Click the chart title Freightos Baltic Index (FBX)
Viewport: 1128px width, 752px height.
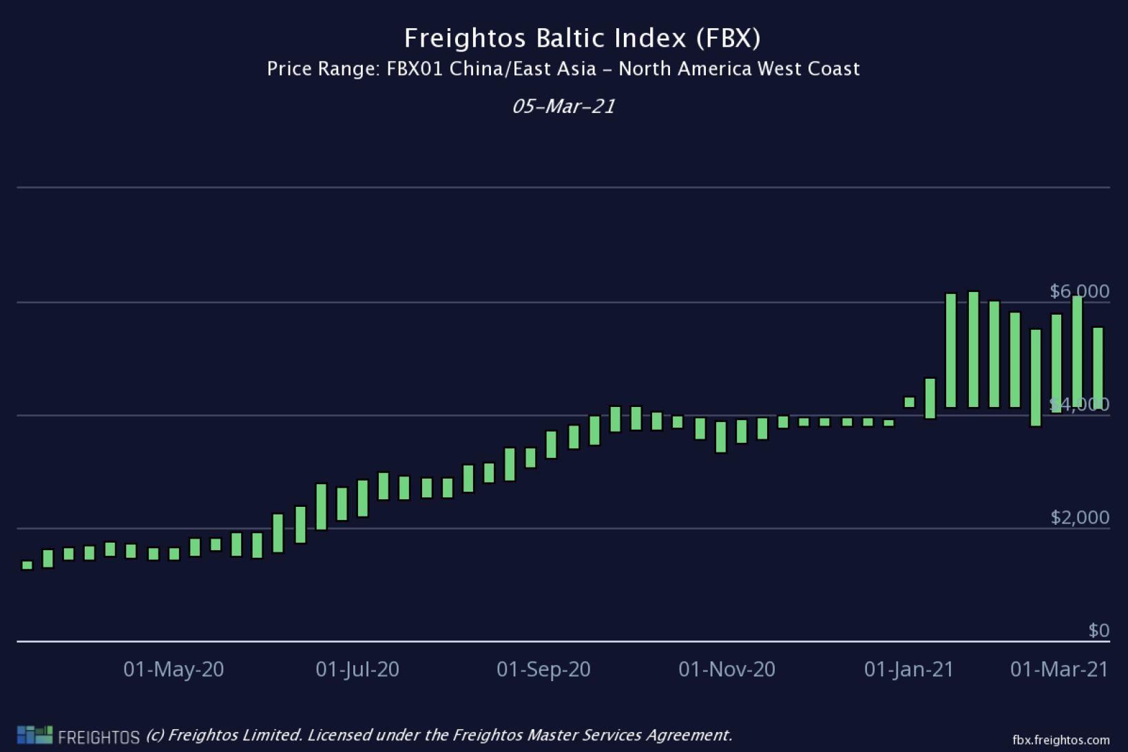pos(582,38)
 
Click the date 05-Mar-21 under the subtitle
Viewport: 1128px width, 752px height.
pos(563,106)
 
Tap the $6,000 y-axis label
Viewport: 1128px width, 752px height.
pos(1079,291)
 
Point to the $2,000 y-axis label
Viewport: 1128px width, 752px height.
pos(1079,517)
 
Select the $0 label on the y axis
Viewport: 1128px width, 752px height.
pos(1098,630)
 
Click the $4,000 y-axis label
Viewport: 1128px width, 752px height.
pos(1079,404)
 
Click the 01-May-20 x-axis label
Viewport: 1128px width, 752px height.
pos(174,669)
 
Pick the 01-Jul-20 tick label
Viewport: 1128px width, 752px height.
pos(357,669)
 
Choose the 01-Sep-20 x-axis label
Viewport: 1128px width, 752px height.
pos(543,669)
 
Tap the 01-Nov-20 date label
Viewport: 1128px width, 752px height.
pos(727,669)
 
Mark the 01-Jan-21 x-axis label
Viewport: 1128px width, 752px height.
pos(909,669)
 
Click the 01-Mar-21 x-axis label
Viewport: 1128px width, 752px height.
pos(1059,669)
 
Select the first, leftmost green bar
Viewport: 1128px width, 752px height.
pos(28,565)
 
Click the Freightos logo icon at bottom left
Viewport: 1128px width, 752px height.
pos(34,735)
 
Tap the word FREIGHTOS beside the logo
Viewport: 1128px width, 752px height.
pos(98,738)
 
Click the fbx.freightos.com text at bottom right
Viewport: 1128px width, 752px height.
pos(1061,740)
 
